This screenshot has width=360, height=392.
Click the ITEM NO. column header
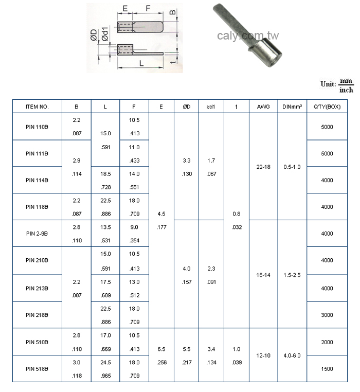37,106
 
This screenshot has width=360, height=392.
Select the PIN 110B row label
37,127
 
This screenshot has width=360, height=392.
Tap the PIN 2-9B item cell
37,233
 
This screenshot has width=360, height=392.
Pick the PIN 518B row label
37,369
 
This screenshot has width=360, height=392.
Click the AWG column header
263,106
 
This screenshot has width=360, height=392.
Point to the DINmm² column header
292,106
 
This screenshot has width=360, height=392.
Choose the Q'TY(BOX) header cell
327,106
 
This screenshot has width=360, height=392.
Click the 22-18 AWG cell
263,167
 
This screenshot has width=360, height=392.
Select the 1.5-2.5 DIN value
292,275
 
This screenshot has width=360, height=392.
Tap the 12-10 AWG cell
263,355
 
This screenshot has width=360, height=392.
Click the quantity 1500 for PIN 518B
327,369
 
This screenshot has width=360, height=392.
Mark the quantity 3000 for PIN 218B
327,315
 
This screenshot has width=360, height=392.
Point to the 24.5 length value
105,362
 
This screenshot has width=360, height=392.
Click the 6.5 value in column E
161,349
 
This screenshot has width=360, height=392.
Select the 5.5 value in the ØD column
186,349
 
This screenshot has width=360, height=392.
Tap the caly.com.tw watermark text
248,35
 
